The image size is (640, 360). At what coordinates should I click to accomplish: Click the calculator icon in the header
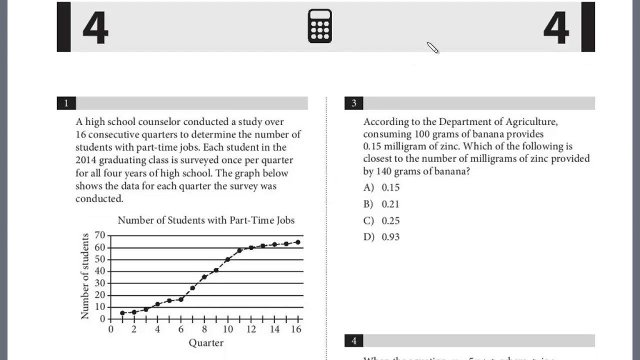click(x=320, y=26)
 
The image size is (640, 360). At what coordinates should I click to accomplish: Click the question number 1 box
click(x=66, y=103)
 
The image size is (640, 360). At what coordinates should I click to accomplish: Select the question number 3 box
click(x=354, y=103)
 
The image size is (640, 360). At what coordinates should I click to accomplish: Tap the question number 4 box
click(x=354, y=341)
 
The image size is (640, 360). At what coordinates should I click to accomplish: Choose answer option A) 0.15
click(x=382, y=187)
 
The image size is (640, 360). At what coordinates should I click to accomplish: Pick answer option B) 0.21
click(x=382, y=204)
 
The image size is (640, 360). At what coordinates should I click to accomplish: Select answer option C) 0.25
click(x=382, y=220)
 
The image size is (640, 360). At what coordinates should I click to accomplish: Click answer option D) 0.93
click(x=382, y=237)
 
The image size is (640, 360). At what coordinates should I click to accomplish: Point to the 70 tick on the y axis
click(x=99, y=235)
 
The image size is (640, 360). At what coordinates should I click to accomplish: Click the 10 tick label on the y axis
click(x=99, y=307)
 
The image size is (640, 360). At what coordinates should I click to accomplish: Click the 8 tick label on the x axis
click(x=204, y=329)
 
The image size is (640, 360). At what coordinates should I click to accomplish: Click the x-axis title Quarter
click(x=206, y=343)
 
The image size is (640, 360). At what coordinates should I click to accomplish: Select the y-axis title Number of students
click(x=84, y=276)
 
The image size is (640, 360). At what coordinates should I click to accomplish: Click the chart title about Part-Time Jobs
click(x=206, y=220)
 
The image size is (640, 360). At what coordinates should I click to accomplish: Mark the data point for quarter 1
click(x=122, y=313)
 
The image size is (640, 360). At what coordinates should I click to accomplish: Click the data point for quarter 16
click(x=298, y=242)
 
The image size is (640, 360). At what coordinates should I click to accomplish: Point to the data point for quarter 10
click(x=227, y=259)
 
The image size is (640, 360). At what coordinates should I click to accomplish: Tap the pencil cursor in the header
click(x=432, y=47)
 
